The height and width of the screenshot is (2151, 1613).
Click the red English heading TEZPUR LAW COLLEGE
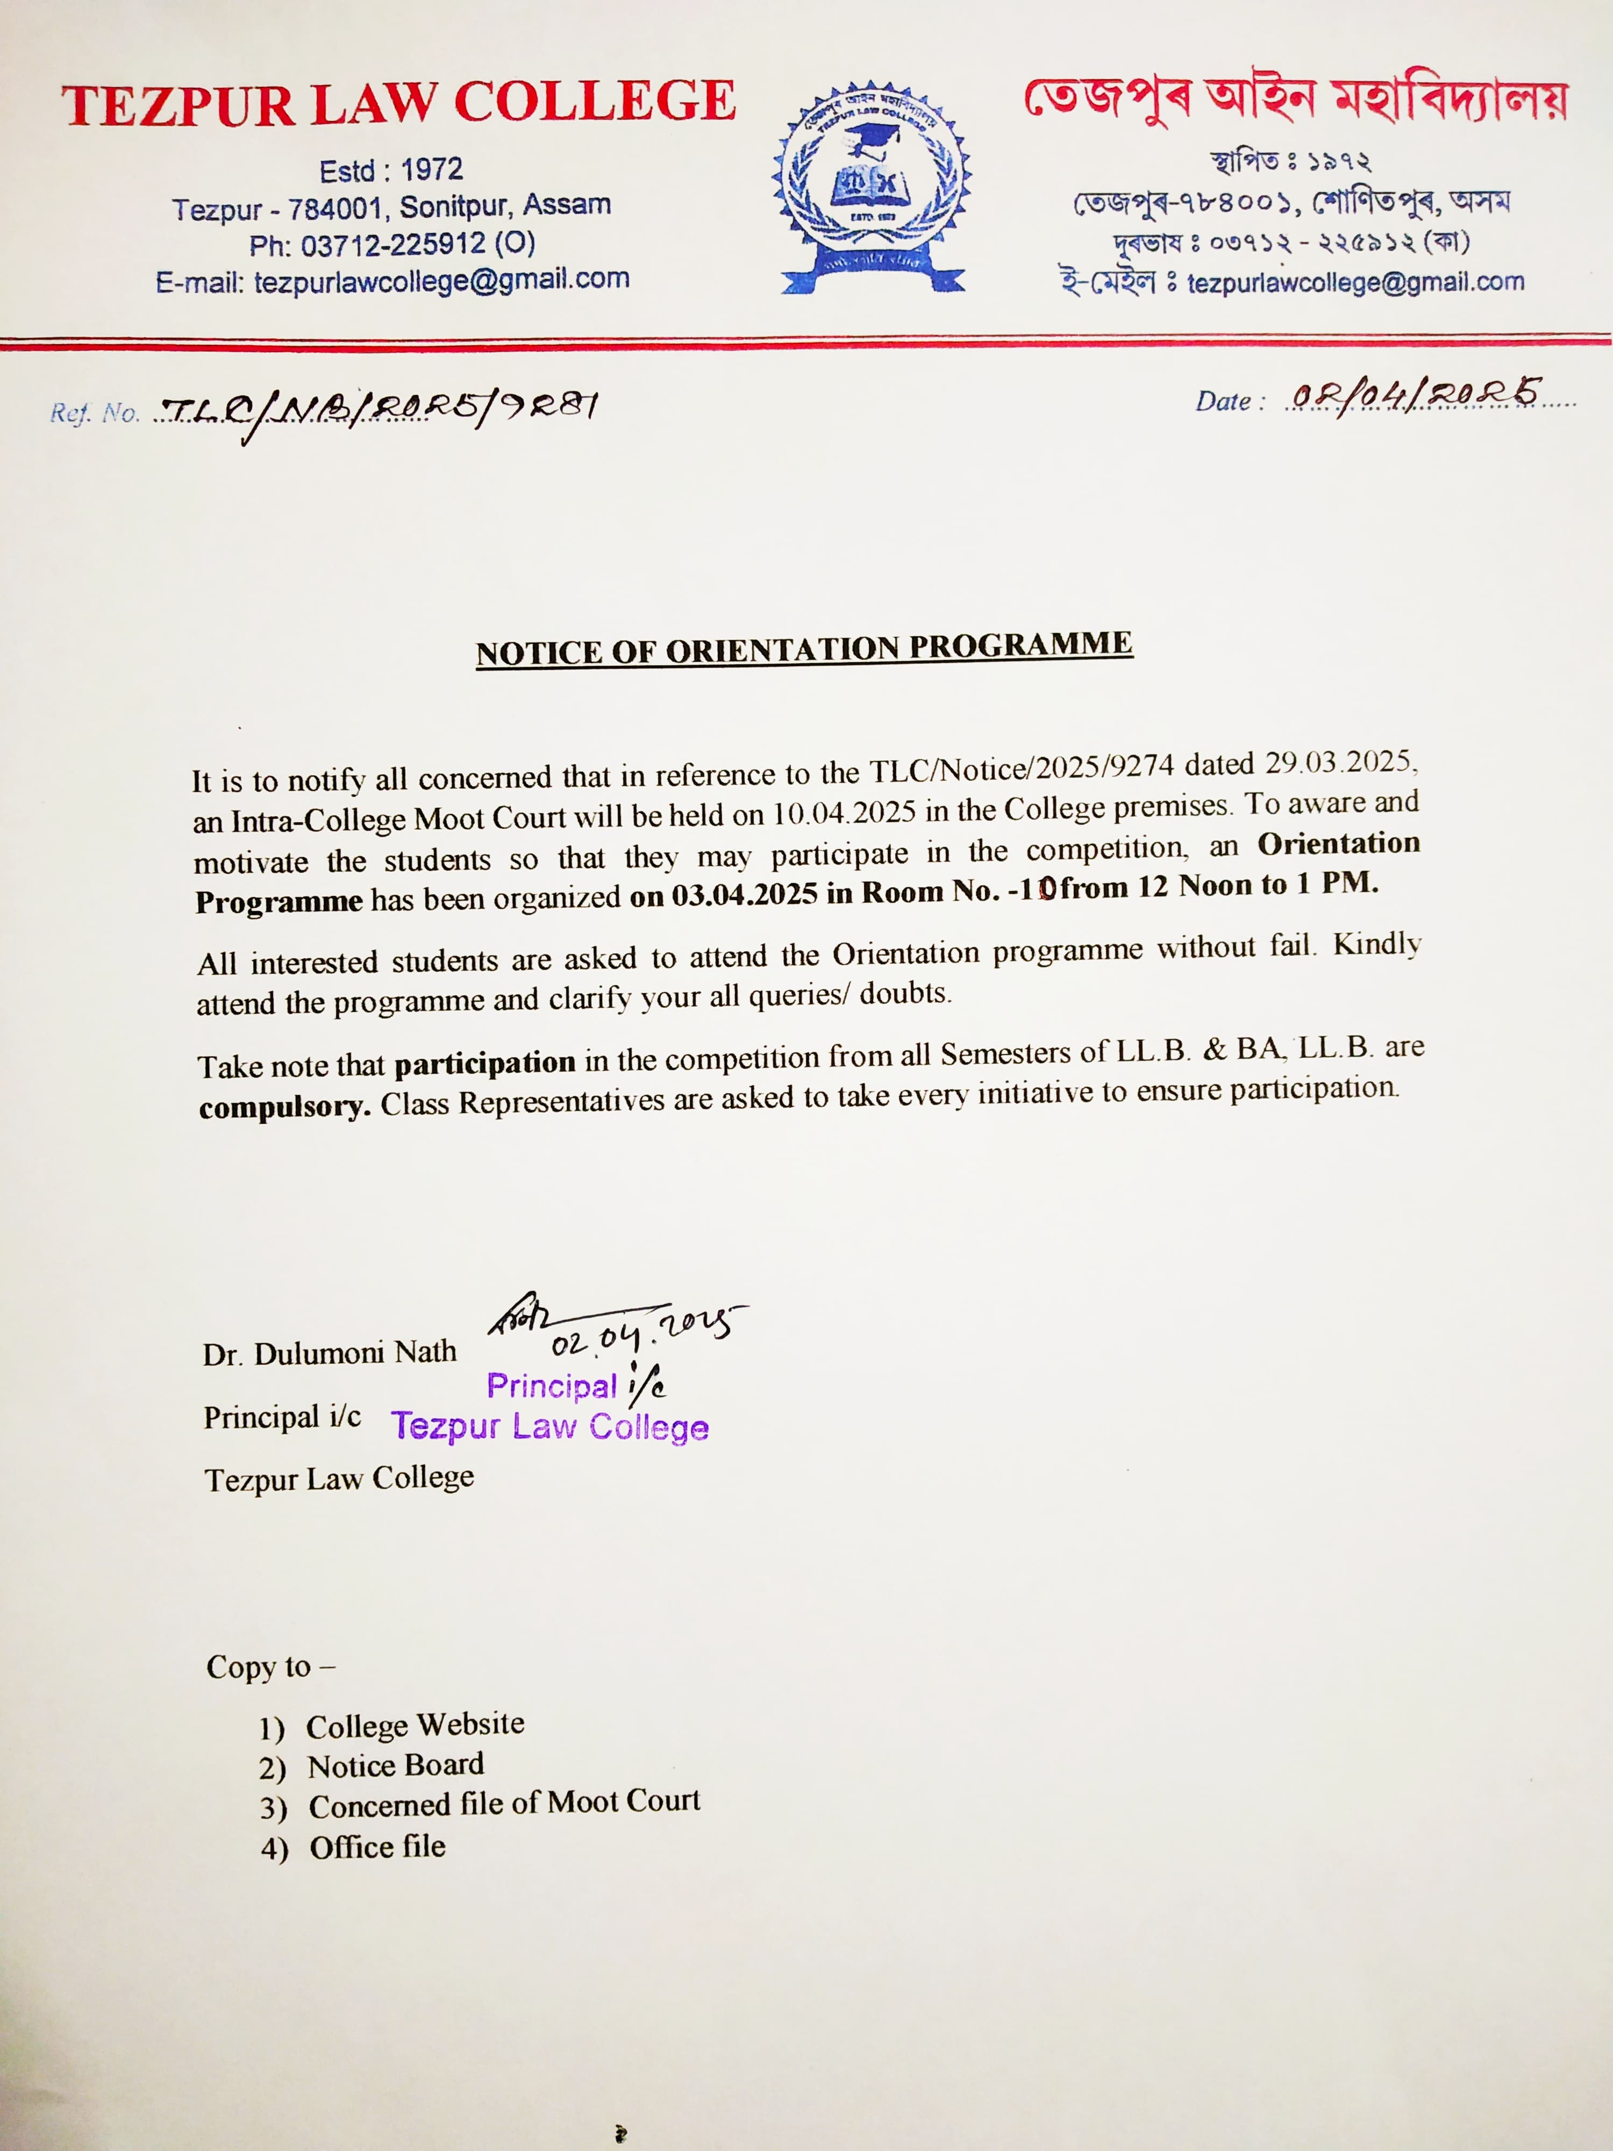[x=398, y=104]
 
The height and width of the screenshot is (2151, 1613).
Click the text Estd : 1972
[x=391, y=171]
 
